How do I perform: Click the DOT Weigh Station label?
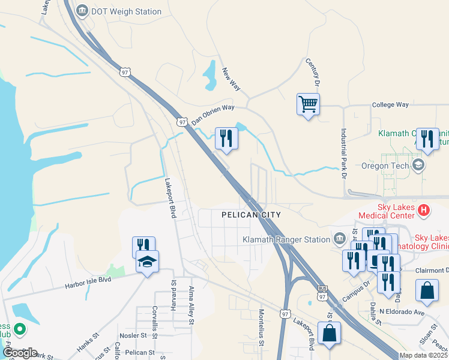pos(126,11)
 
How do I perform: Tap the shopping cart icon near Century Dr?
pos(308,104)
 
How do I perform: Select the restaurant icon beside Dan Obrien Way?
pos(226,139)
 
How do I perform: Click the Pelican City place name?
pos(251,214)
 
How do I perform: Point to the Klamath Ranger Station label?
pos(286,239)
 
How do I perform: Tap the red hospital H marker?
pos(424,210)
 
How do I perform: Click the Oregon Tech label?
pos(387,166)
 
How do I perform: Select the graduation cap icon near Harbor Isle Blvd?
pos(147,262)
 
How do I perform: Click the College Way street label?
pos(390,104)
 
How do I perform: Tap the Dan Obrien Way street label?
pos(212,114)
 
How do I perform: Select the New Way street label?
pos(231,79)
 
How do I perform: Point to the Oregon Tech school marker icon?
pos(418,164)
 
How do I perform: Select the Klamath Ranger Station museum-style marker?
pos(340,239)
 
